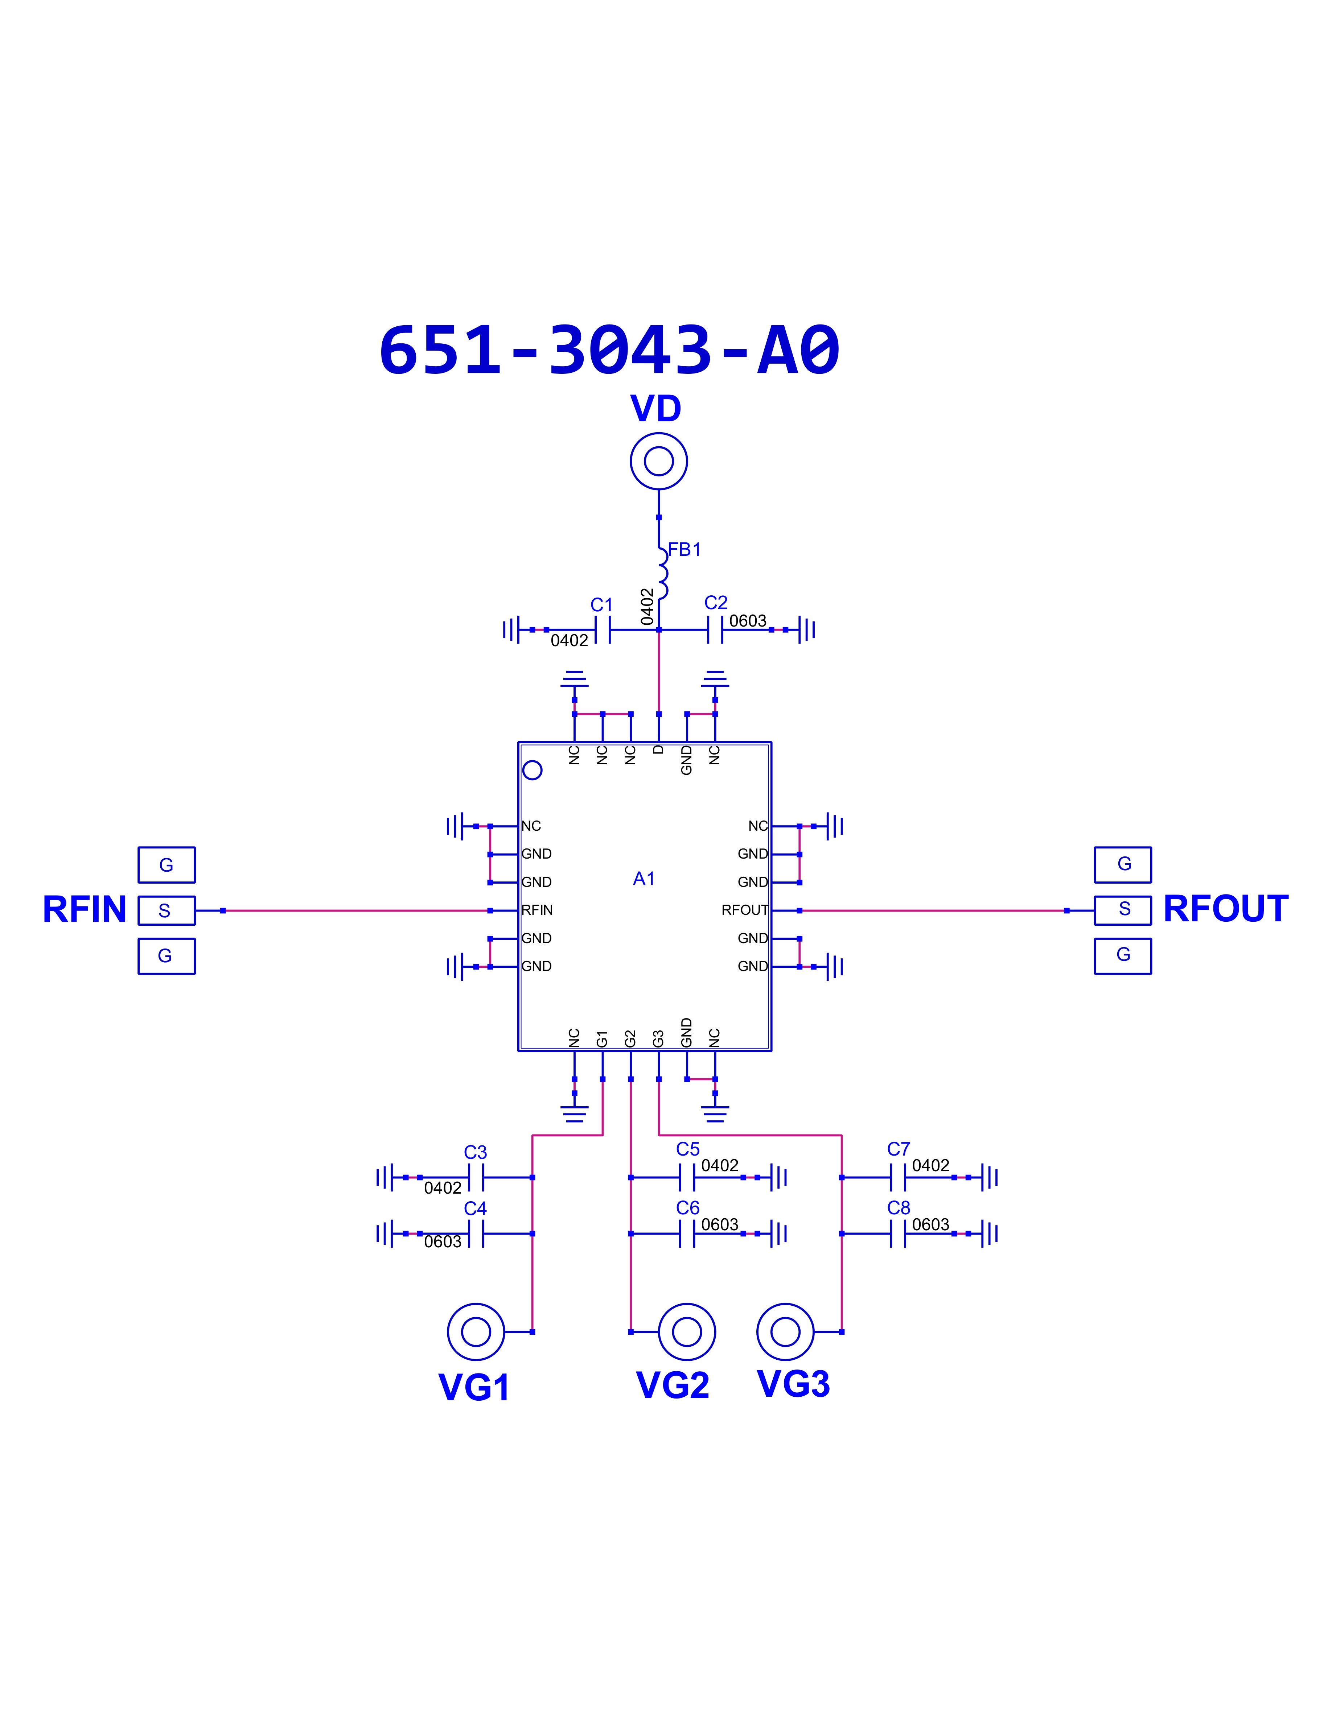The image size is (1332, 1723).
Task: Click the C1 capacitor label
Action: click(x=601, y=605)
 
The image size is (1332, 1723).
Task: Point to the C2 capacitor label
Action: click(x=716, y=603)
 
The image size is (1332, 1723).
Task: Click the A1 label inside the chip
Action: click(x=644, y=879)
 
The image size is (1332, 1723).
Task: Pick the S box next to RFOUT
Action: click(x=1123, y=910)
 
